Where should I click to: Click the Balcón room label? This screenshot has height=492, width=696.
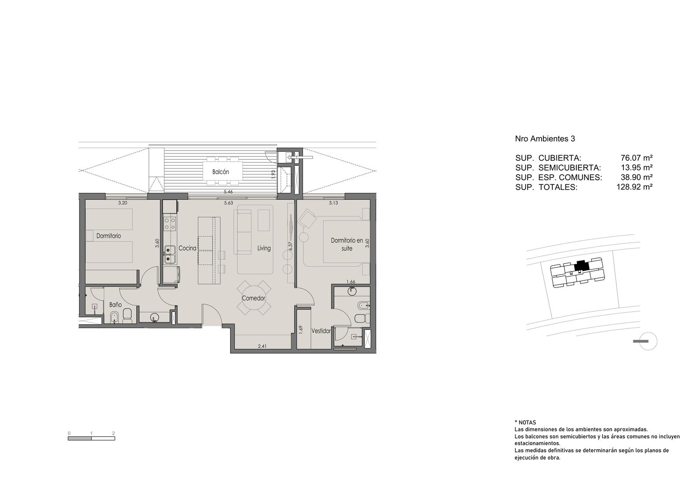tap(221, 172)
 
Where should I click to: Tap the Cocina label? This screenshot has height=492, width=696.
tap(187, 248)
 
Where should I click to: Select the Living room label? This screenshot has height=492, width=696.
tap(264, 248)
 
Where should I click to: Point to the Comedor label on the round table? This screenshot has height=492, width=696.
tap(254, 298)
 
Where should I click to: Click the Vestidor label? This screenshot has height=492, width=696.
tap(321, 331)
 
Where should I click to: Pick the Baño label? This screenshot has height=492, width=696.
tap(115, 305)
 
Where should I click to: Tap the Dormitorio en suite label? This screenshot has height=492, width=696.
tap(347, 244)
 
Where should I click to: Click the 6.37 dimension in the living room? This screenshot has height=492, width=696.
tap(291, 246)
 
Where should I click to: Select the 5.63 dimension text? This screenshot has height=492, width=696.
tap(228, 203)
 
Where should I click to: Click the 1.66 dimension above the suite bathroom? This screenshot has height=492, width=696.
tap(351, 282)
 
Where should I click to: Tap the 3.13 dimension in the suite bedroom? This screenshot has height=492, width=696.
tap(333, 203)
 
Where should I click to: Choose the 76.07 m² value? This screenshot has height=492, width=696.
tap(636, 158)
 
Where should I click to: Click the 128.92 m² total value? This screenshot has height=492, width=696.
tap(635, 187)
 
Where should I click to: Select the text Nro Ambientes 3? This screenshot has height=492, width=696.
tap(545, 139)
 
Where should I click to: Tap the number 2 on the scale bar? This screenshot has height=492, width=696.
tap(114, 433)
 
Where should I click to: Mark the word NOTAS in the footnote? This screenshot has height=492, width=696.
tap(527, 423)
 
